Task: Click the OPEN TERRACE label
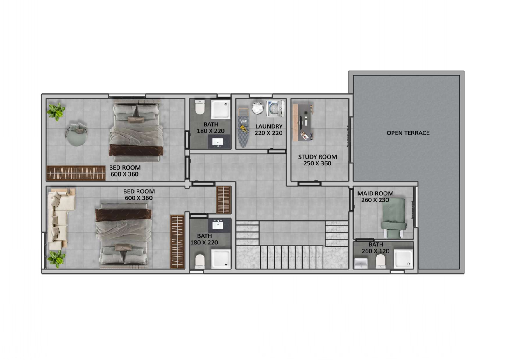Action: click(408, 133)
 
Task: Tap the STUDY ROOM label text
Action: click(317, 157)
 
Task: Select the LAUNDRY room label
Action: click(269, 126)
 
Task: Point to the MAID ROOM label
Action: click(375, 193)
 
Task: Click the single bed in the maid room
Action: click(394, 218)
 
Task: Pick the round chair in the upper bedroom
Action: click(77, 135)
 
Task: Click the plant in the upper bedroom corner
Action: click(56, 111)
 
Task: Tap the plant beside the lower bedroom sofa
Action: click(57, 259)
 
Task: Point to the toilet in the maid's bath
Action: click(381, 262)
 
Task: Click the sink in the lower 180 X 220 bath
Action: click(218, 225)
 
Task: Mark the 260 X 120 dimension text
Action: click(375, 251)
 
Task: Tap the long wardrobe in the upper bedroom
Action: click(76, 173)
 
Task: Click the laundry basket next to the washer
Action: click(257, 108)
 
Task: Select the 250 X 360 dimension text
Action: click(317, 163)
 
